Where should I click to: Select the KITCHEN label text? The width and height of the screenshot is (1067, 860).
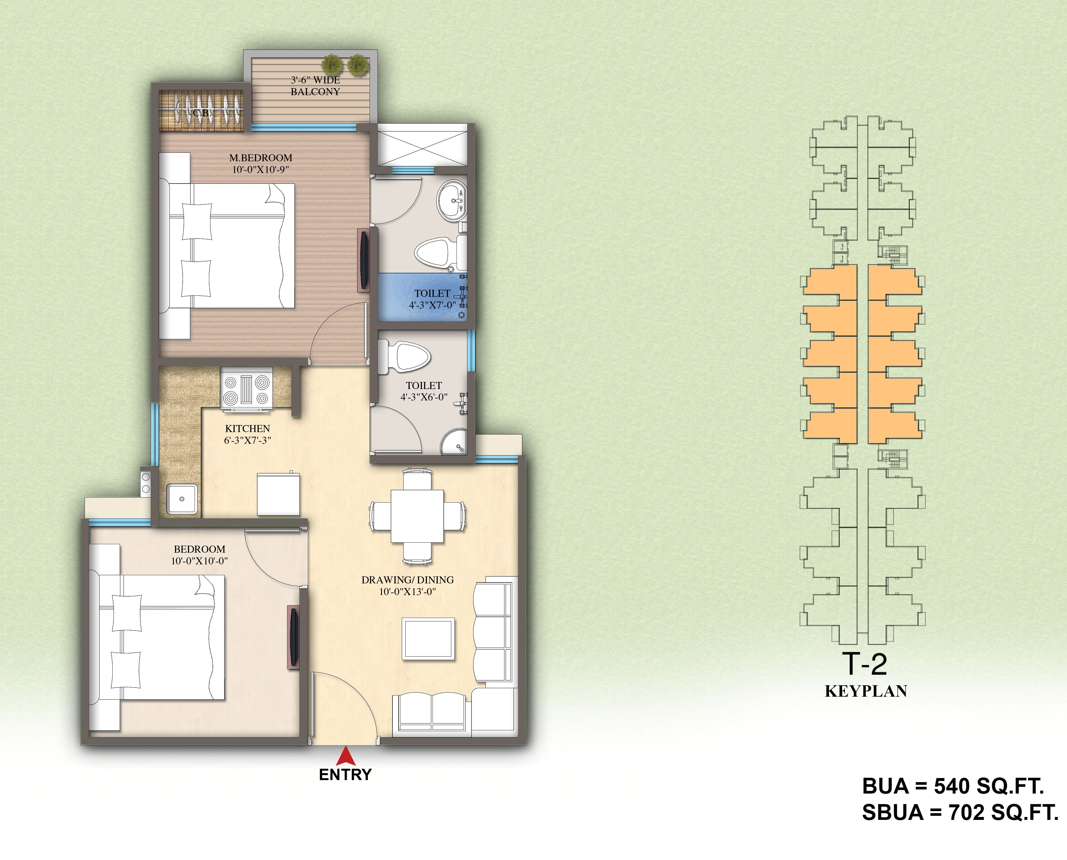pyautogui.click(x=248, y=429)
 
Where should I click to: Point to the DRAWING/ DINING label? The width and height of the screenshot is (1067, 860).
pyautogui.click(x=408, y=580)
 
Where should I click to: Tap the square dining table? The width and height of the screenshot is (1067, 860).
pyautogui.click(x=417, y=516)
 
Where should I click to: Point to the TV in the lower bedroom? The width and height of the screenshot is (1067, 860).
pyautogui.click(x=294, y=638)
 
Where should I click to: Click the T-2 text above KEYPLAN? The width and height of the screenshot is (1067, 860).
pyautogui.click(x=865, y=664)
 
